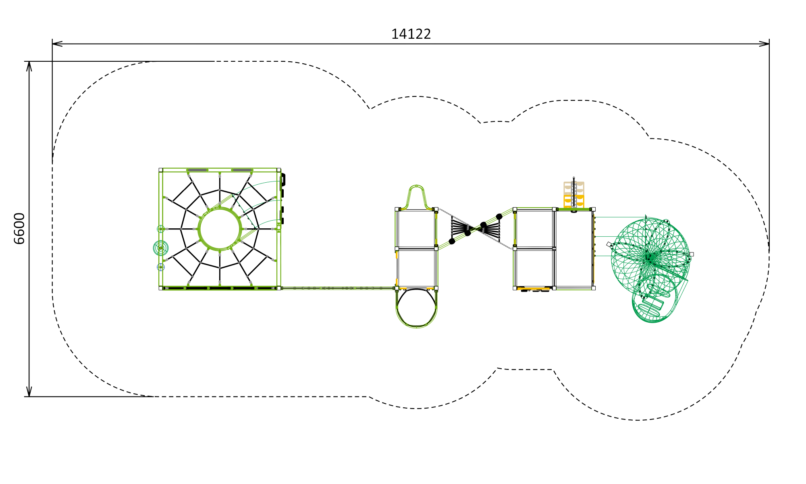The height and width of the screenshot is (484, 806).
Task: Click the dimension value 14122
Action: (411, 34)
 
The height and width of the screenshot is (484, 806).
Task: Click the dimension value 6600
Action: (19, 229)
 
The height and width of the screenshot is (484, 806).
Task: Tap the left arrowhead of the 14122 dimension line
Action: (57, 44)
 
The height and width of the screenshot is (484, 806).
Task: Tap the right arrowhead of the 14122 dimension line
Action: (764, 44)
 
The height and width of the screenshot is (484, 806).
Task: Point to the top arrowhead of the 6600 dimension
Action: (29, 67)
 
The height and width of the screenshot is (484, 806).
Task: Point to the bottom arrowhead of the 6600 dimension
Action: (29, 391)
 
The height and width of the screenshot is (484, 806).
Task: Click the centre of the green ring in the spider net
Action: (220, 229)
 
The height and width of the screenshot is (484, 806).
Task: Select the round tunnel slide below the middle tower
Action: (416, 308)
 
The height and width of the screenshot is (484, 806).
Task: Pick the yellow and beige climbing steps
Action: (574, 195)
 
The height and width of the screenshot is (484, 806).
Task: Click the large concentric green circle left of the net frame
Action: (161, 248)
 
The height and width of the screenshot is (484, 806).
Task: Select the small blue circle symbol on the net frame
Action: (161, 267)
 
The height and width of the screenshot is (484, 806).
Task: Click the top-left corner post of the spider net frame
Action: (161, 170)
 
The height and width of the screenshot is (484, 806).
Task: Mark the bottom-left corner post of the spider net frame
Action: (161, 288)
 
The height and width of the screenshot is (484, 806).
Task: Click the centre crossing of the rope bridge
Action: (476, 229)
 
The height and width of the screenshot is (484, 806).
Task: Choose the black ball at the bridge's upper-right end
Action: (499, 217)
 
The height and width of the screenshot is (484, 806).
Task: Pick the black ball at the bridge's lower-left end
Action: (452, 241)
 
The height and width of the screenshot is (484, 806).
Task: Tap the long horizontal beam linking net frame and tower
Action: (338, 288)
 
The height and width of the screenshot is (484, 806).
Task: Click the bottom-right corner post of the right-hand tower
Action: (593, 288)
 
